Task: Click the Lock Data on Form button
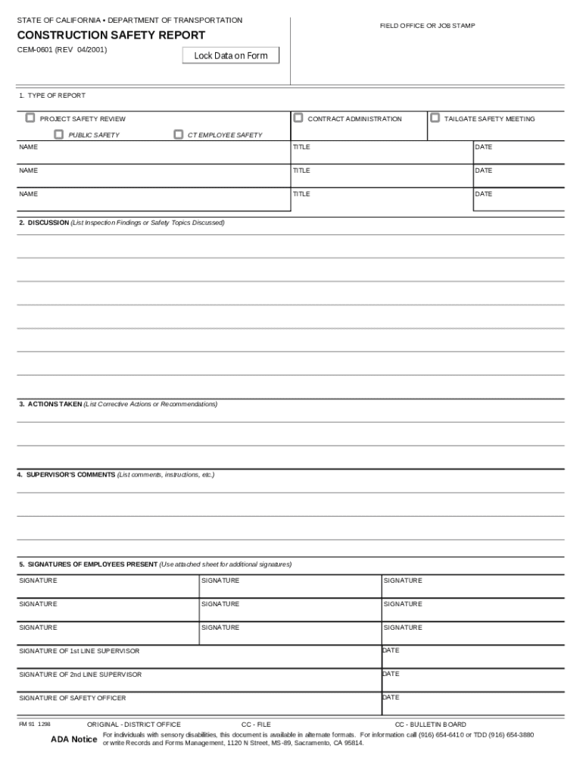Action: click(x=231, y=55)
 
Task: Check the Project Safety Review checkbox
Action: click(x=30, y=118)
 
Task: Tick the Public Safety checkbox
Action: click(x=58, y=135)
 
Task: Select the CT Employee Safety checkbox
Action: click(x=179, y=135)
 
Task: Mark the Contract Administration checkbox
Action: click(x=298, y=118)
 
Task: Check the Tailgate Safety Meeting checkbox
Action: click(x=435, y=118)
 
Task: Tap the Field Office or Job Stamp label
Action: click(x=427, y=26)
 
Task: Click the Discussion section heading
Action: click(x=48, y=223)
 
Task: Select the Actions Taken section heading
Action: click(x=55, y=404)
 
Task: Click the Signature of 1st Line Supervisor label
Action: click(x=79, y=651)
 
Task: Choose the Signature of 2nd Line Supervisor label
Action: click(x=79, y=674)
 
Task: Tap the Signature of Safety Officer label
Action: click(x=72, y=698)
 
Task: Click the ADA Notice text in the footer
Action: click(x=73, y=740)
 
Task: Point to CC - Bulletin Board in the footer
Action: click(x=430, y=724)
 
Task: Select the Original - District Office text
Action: click(x=133, y=724)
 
